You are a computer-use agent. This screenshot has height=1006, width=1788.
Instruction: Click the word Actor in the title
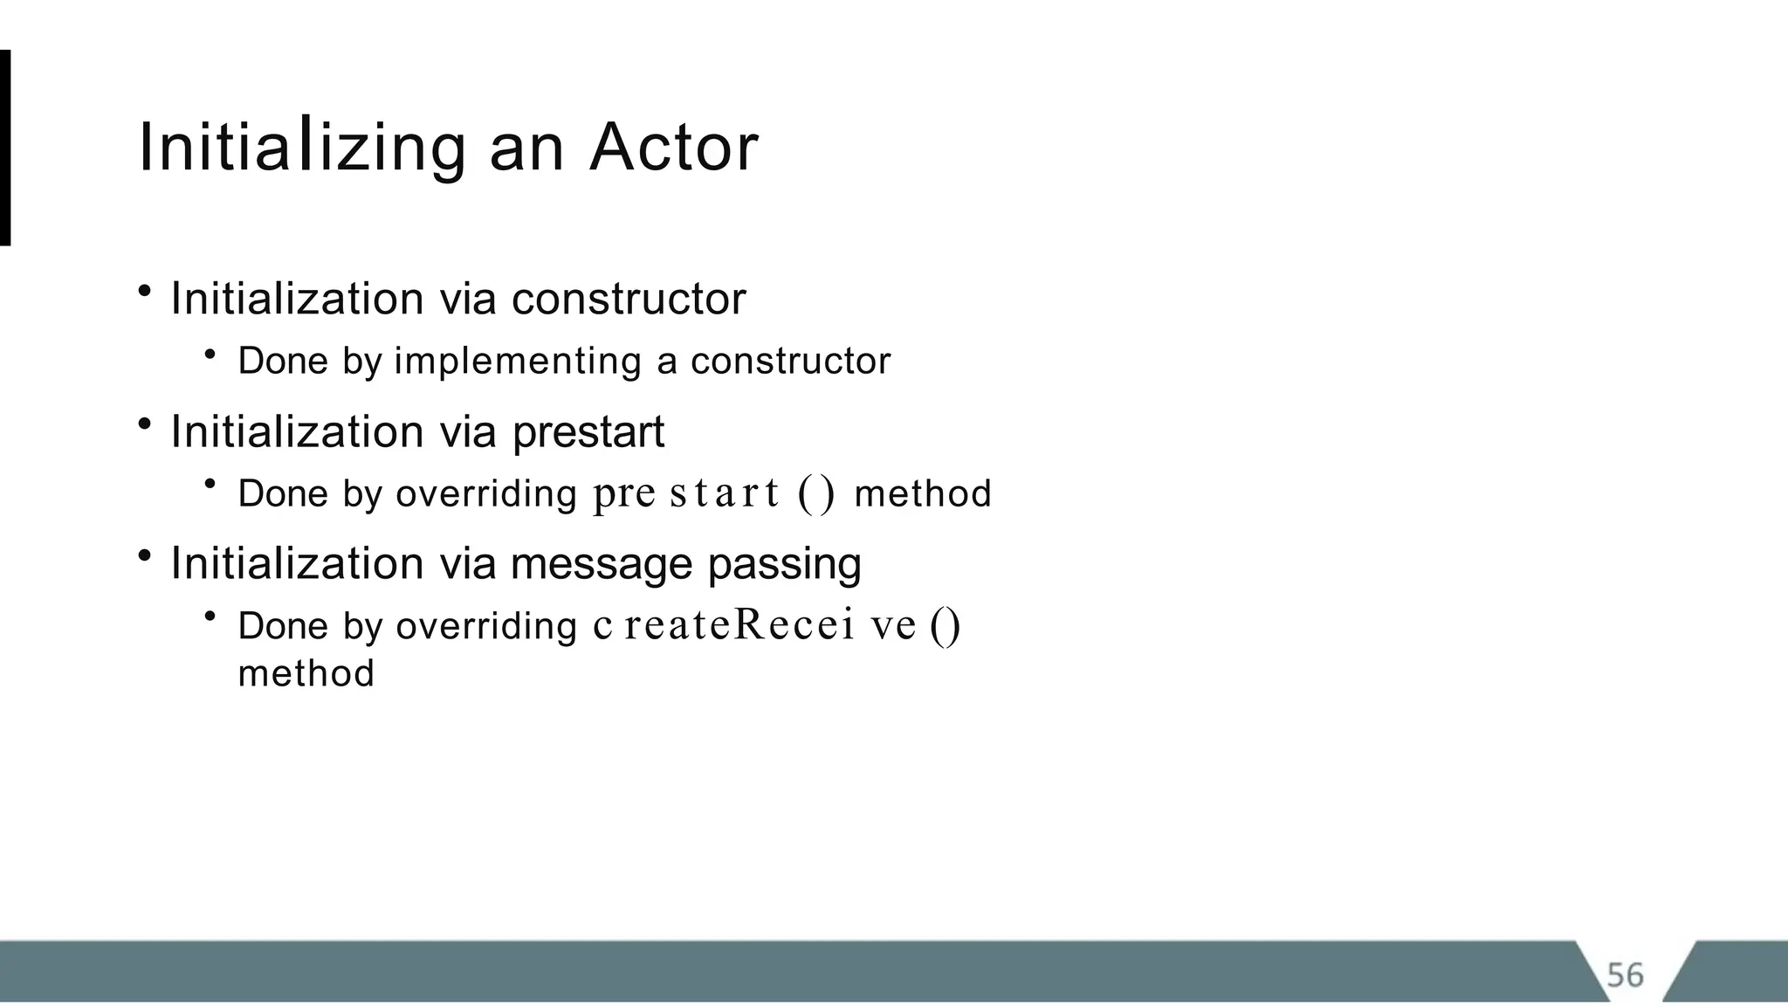point(673,147)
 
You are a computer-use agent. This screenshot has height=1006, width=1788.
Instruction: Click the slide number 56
point(1625,975)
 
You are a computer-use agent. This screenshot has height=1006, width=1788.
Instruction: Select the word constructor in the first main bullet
point(629,299)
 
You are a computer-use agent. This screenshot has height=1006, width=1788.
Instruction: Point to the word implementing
point(518,362)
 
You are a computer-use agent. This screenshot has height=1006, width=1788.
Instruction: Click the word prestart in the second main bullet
point(588,432)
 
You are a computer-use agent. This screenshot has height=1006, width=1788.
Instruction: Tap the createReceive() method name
point(776,625)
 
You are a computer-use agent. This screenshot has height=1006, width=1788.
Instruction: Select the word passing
point(784,564)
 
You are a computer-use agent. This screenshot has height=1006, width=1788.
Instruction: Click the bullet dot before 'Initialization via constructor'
point(145,292)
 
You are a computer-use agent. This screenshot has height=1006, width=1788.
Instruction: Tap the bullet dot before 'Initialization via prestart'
point(145,424)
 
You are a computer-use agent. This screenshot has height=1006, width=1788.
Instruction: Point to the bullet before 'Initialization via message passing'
point(145,555)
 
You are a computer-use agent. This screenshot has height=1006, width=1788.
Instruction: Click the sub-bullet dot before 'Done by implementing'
point(210,354)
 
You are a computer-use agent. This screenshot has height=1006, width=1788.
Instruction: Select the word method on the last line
point(306,673)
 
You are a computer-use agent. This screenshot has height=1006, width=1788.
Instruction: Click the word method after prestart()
point(922,494)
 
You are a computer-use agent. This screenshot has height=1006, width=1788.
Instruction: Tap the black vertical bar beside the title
point(5,148)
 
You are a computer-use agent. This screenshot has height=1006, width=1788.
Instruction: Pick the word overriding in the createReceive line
point(486,627)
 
